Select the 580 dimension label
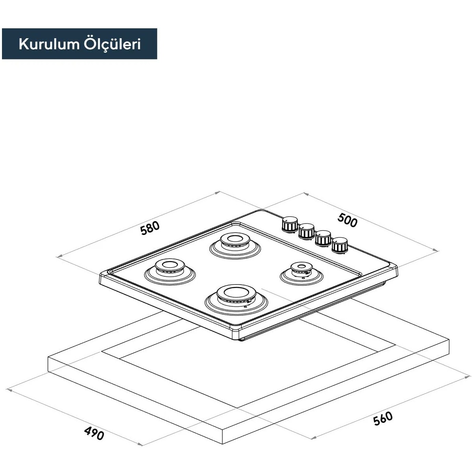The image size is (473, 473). (150, 228)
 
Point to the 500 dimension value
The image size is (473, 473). (347, 220)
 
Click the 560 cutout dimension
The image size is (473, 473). (383, 419)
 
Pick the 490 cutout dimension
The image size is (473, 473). (94, 433)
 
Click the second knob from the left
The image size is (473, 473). (306, 231)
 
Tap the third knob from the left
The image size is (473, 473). (323, 238)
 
